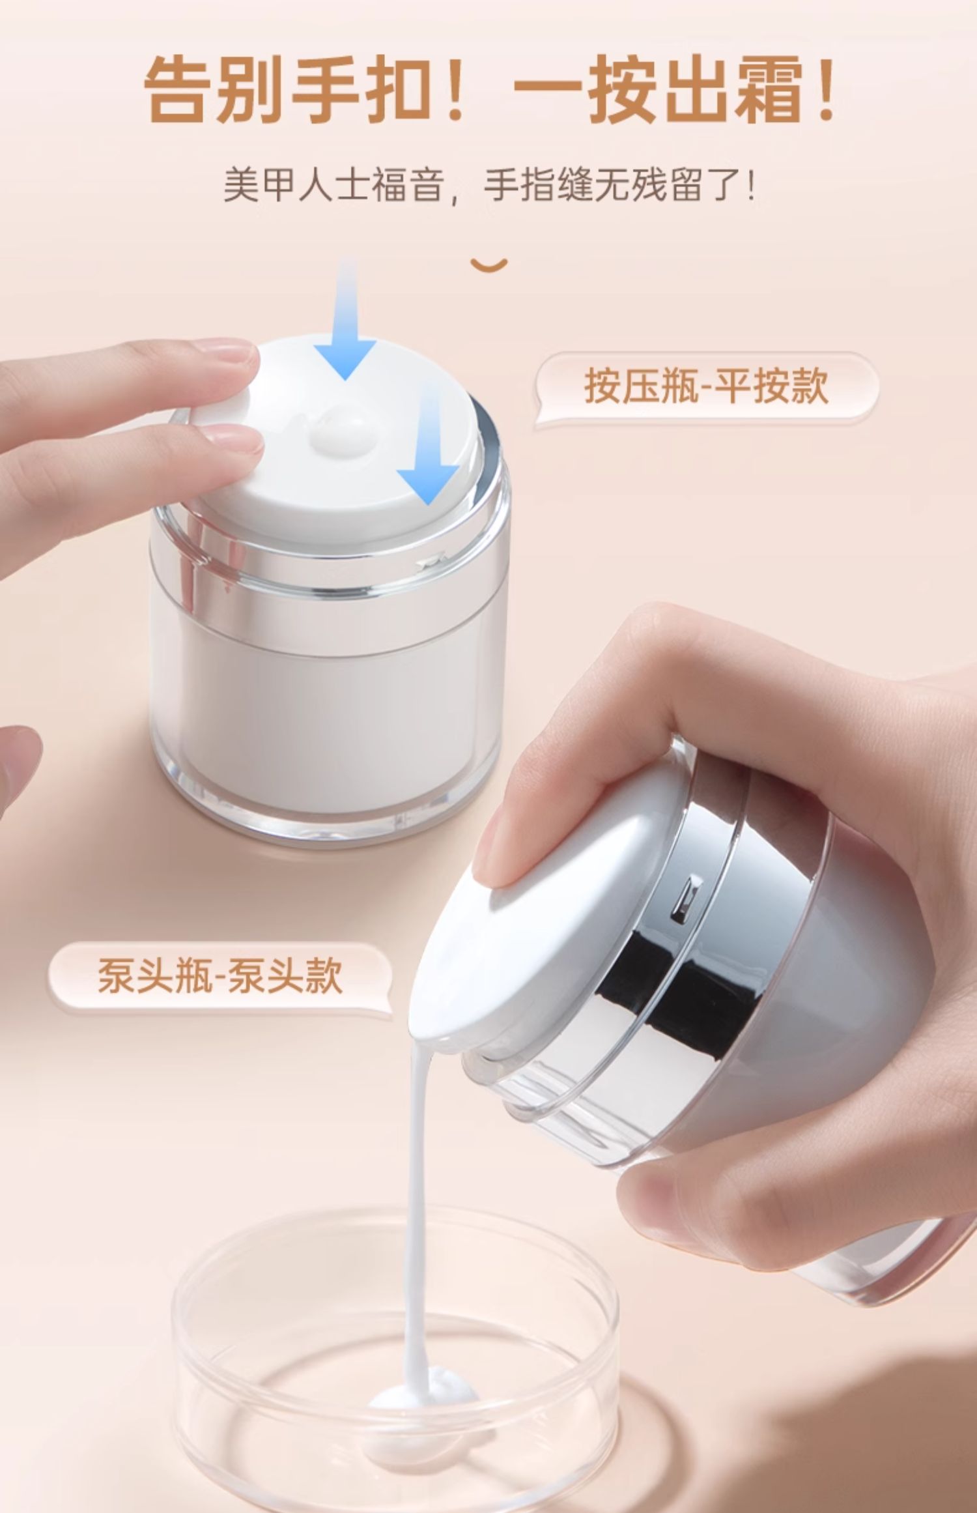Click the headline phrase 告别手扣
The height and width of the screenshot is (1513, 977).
point(290,89)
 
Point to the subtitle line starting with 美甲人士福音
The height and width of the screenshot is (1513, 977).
point(489,185)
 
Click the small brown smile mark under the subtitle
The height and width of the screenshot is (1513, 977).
point(489,265)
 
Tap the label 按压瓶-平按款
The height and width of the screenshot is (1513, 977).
point(706,386)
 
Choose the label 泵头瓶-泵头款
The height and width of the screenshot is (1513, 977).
point(220,975)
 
